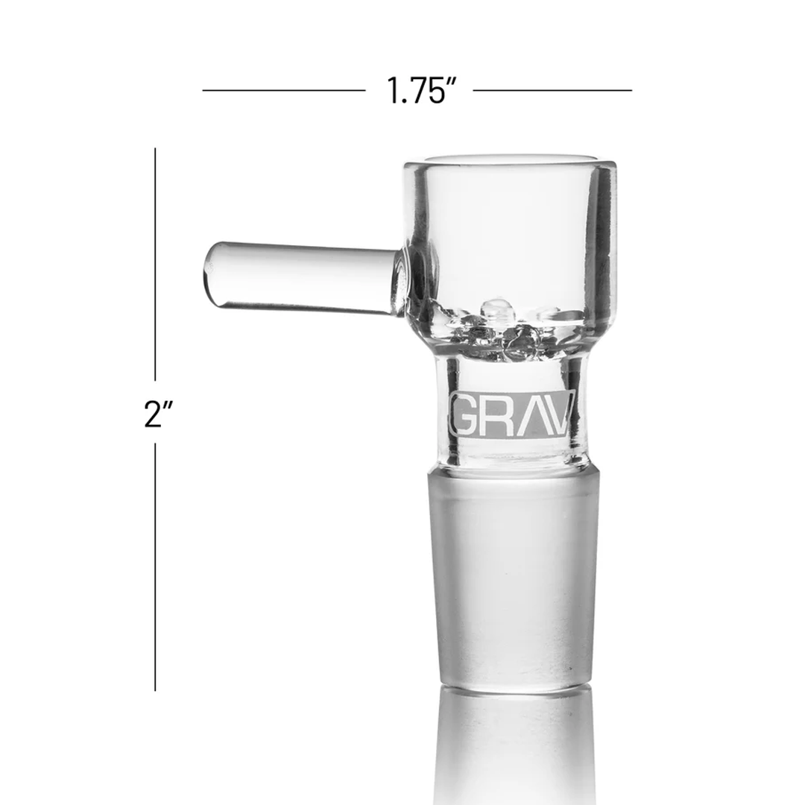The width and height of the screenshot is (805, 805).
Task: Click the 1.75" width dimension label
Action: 420,91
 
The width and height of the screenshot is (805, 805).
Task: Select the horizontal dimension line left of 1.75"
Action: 284,91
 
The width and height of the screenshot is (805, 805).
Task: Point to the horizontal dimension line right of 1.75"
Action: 552,91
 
